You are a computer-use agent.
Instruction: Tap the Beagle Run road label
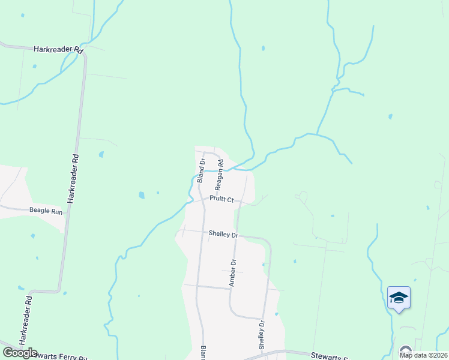pyautogui.click(x=46, y=211)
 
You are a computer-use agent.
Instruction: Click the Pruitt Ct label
pyautogui.click(x=221, y=199)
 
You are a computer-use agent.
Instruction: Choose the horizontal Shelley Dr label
pyautogui.click(x=223, y=234)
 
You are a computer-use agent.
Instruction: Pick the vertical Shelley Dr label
pyautogui.click(x=262, y=335)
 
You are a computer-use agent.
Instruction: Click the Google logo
pyautogui.click(x=20, y=353)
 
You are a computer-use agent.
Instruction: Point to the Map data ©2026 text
pyautogui.click(x=424, y=355)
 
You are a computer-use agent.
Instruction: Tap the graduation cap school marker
pyautogui.click(x=399, y=298)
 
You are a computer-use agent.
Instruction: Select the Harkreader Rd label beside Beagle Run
pyautogui.click(x=73, y=178)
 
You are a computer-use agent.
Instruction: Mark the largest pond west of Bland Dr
pyautogui.click(x=142, y=195)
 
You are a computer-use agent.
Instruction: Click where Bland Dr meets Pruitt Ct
pyautogui.click(x=202, y=201)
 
